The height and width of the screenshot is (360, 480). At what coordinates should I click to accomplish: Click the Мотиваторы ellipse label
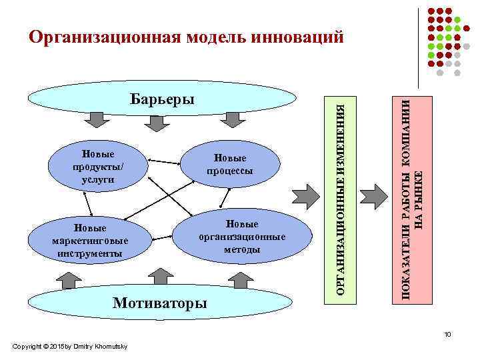click(x=160, y=303)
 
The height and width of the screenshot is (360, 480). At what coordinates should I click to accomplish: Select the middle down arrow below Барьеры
click(x=163, y=119)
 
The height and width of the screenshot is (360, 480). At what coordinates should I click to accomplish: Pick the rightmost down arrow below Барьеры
click(x=231, y=119)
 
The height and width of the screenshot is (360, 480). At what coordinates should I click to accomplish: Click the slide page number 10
click(x=449, y=334)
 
